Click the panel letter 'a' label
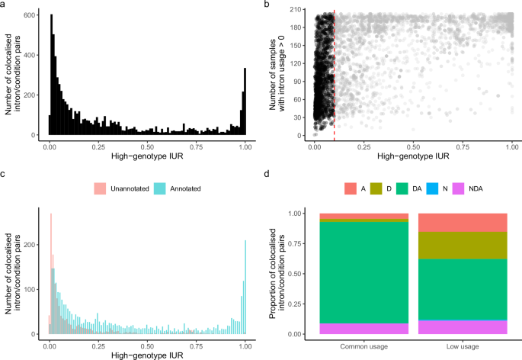pos(4,5)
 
